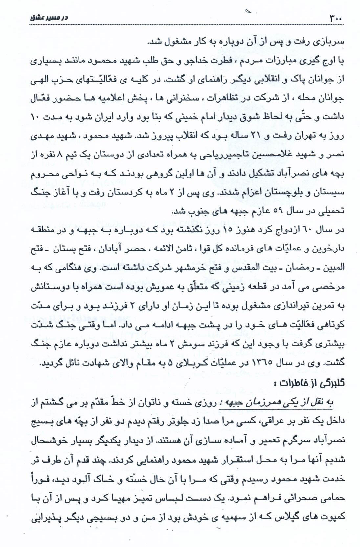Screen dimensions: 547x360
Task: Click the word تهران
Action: (x=309, y=135)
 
